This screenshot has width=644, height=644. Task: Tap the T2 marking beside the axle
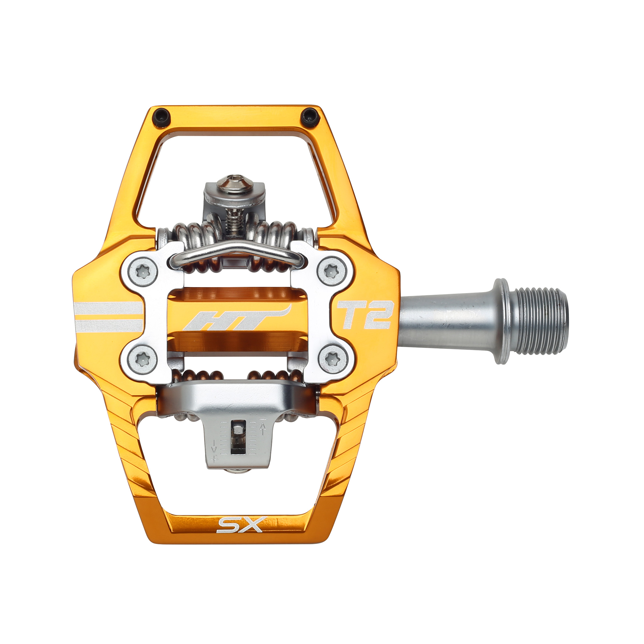[364, 315]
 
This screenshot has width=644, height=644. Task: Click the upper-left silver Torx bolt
[143, 272]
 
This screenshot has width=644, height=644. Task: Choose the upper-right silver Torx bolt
[331, 272]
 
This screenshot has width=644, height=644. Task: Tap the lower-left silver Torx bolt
[143, 359]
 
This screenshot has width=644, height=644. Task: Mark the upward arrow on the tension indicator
[262, 429]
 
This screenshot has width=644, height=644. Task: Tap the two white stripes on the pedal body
[109, 317]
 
